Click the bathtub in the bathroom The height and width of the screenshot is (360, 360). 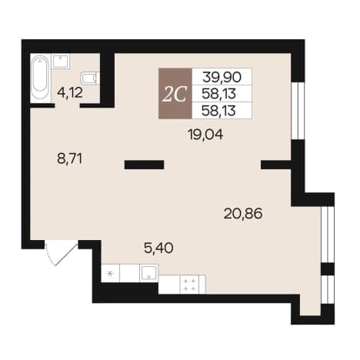click(39, 78)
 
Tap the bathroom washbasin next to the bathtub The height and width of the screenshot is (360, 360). click(61, 61)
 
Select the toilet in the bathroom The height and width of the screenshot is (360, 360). click(90, 78)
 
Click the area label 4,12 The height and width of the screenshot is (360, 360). click(70, 92)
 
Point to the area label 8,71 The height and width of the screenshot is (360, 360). click(69, 158)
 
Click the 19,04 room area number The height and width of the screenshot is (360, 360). click(205, 135)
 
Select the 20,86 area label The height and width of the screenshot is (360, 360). click(243, 214)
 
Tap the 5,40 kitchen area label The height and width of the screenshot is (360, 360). click(158, 248)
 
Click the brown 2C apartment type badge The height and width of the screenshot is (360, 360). click(175, 94)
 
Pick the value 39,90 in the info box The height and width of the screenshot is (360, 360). click(222, 77)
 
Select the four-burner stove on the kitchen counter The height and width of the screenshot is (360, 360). click(190, 285)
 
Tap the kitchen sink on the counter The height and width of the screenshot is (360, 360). click(149, 273)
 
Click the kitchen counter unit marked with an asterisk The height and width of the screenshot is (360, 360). click(111, 273)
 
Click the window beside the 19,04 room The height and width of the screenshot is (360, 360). click(298, 111)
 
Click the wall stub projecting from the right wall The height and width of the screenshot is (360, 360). click(276, 165)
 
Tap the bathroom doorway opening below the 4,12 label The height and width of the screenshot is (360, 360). click(67, 105)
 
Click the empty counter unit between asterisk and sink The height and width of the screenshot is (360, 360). click(130, 273)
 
